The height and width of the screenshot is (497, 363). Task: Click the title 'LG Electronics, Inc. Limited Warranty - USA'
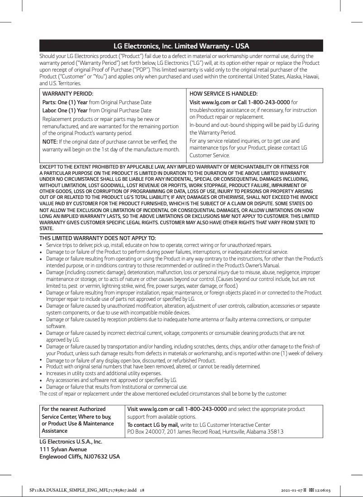tap(181, 46)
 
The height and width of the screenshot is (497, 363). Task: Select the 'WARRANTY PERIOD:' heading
tap(67, 93)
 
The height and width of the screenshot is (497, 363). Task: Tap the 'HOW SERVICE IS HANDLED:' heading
tap(223, 93)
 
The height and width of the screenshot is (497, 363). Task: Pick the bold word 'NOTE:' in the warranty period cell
tap(49, 142)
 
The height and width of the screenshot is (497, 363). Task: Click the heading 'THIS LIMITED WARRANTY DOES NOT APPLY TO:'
tap(98, 238)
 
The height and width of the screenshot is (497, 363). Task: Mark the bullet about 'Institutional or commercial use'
tap(117, 387)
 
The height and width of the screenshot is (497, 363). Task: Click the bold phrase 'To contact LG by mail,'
tap(153, 425)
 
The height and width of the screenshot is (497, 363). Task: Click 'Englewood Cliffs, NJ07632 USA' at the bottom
tap(80, 456)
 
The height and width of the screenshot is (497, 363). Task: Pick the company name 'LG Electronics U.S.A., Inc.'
tap(70, 441)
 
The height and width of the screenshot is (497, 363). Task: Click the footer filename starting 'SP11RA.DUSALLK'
tap(84, 490)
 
